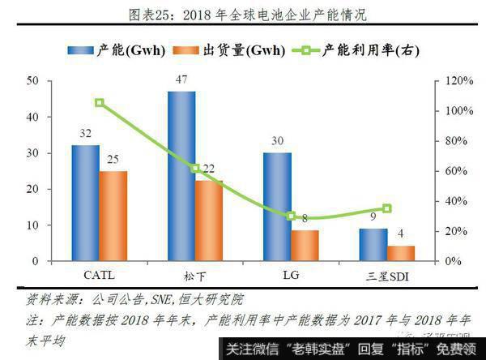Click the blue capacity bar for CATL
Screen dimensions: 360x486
click(x=85, y=203)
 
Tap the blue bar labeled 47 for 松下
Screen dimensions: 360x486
click(x=181, y=176)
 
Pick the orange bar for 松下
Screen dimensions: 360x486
click(x=209, y=221)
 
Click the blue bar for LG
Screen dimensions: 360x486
click(x=277, y=207)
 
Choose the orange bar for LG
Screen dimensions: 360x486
click(x=305, y=246)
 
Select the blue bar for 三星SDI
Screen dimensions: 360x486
click(x=373, y=245)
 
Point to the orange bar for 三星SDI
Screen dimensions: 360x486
click(x=401, y=253)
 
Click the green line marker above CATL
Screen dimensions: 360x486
click(x=99, y=103)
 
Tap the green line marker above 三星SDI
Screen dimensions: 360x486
click(x=387, y=208)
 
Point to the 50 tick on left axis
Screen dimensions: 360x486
click(x=33, y=80)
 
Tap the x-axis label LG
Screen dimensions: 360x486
click(x=291, y=276)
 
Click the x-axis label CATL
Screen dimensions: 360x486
click(x=99, y=276)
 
